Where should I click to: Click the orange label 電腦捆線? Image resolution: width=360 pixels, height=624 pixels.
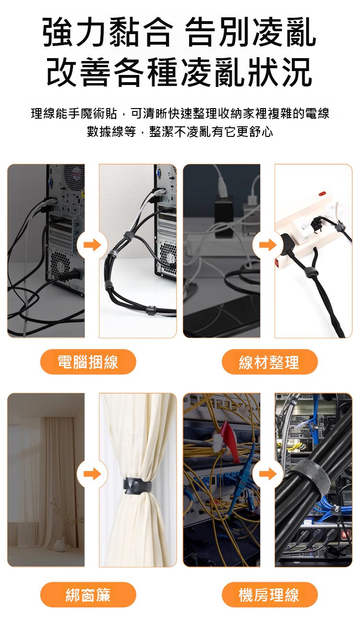(x=88, y=362)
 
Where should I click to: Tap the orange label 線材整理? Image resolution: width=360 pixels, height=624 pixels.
(x=269, y=362)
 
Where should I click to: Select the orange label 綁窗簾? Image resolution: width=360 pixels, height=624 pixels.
(x=88, y=595)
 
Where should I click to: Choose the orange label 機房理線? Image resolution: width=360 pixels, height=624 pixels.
(x=269, y=595)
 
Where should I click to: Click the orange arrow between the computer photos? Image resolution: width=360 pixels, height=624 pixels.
(x=92, y=245)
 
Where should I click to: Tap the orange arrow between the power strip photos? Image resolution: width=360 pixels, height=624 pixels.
(x=267, y=245)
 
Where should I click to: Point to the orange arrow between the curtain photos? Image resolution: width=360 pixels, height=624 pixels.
(x=92, y=474)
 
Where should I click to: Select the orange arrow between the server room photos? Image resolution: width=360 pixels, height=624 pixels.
(x=267, y=474)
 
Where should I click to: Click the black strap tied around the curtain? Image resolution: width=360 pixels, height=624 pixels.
(x=138, y=486)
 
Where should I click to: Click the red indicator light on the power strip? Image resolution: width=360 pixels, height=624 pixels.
(x=322, y=193)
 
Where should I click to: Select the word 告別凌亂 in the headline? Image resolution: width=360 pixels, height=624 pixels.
(x=252, y=32)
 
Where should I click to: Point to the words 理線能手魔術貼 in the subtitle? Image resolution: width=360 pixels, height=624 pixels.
(x=74, y=113)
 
